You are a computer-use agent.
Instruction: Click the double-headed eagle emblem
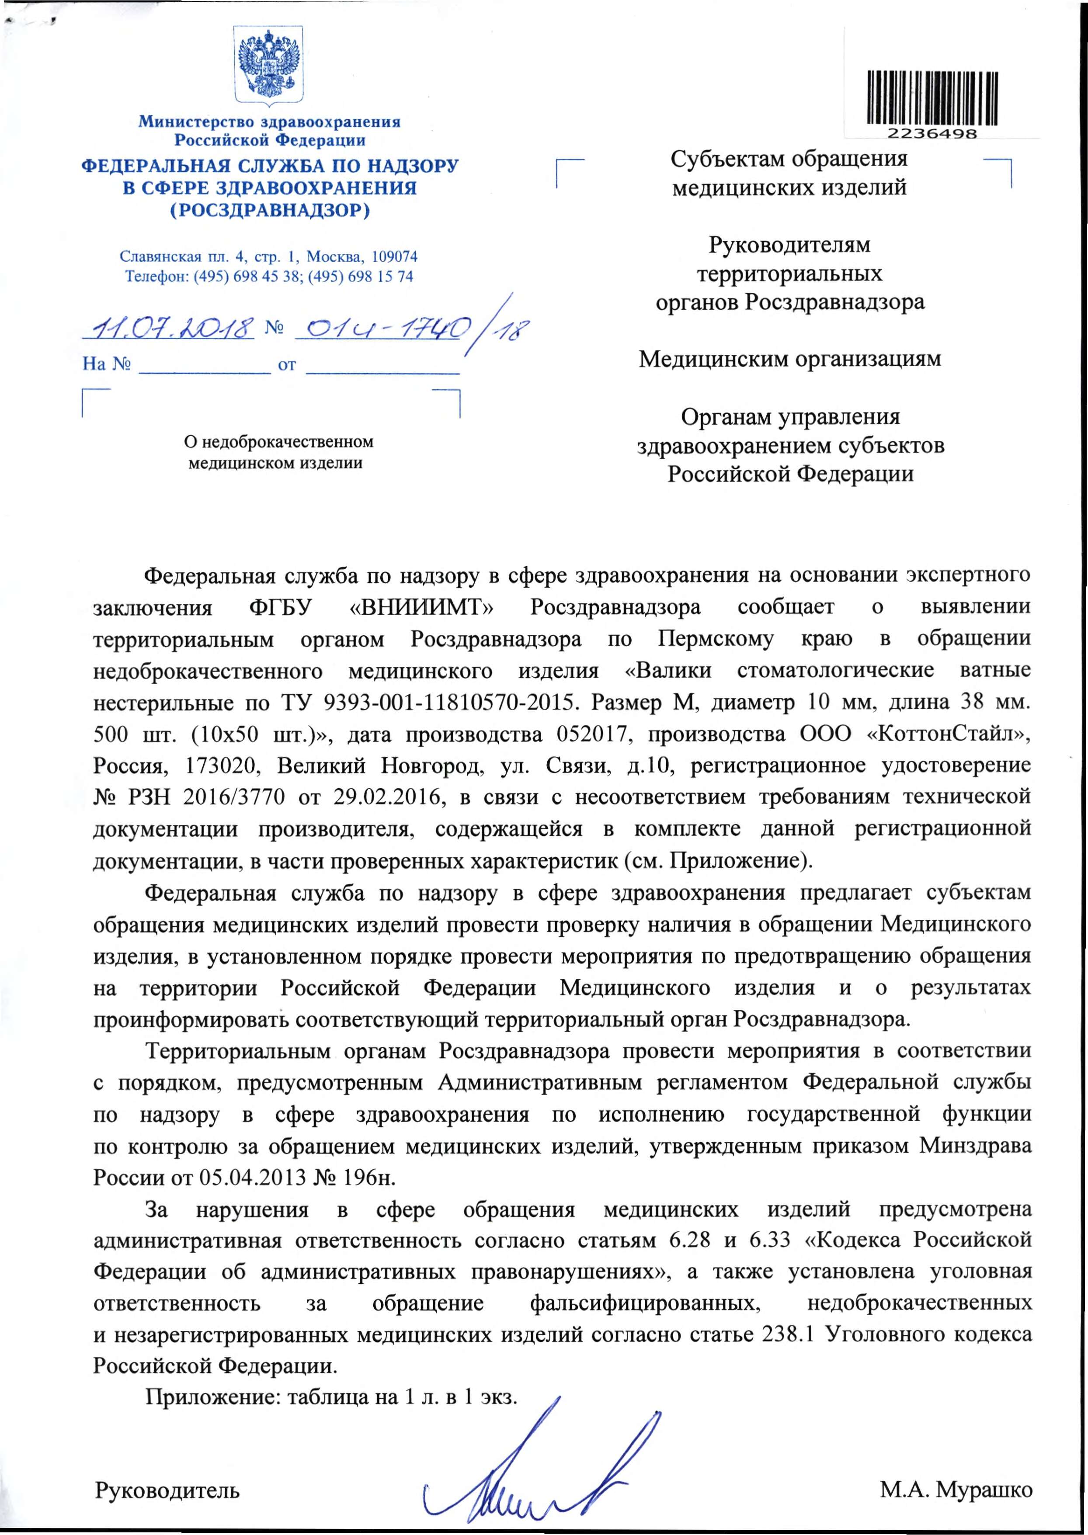pyautogui.click(x=269, y=66)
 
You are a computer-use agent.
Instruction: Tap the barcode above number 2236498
pyautogui.click(x=932, y=98)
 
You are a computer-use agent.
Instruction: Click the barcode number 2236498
pyautogui.click(x=932, y=133)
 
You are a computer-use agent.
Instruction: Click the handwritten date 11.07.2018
pyautogui.click(x=168, y=328)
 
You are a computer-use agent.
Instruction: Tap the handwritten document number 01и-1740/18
pyautogui.click(x=410, y=328)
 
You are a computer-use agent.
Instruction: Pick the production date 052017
pyautogui.click(x=590, y=735)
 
